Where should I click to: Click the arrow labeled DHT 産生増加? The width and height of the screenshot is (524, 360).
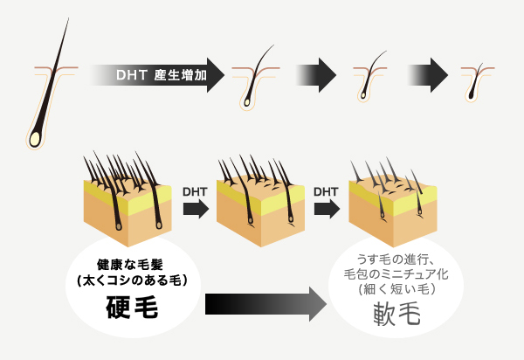[157, 75]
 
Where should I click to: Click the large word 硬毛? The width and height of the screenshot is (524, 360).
[132, 308]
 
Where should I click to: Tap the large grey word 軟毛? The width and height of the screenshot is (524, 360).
[396, 314]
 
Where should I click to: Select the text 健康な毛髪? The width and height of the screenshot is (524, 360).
[130, 265]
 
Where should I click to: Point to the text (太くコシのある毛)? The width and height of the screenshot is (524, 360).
[132, 280]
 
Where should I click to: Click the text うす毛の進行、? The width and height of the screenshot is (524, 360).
[396, 260]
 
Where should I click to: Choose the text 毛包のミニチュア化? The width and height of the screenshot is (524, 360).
[396, 274]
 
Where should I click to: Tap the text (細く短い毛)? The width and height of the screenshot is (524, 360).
[396, 289]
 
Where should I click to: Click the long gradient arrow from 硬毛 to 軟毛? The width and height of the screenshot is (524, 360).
[266, 304]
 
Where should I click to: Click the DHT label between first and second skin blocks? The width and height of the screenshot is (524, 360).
[195, 192]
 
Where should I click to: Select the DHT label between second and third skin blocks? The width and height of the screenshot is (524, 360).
[326, 192]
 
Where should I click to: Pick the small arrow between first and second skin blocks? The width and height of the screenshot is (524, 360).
[196, 209]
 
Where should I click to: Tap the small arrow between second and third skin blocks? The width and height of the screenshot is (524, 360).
[327, 209]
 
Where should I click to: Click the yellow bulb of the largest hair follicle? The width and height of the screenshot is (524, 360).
[35, 139]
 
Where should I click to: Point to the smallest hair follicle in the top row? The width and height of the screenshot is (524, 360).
[476, 82]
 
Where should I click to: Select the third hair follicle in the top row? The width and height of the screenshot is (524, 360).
[370, 77]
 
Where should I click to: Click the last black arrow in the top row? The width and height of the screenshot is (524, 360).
[428, 75]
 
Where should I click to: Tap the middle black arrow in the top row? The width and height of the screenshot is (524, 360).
[316, 75]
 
